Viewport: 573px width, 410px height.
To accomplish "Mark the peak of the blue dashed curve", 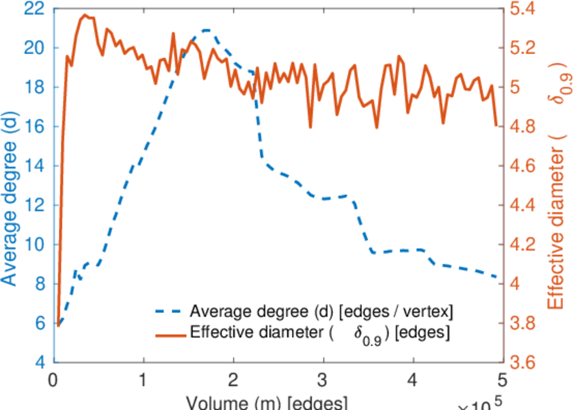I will coord(205,30).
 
